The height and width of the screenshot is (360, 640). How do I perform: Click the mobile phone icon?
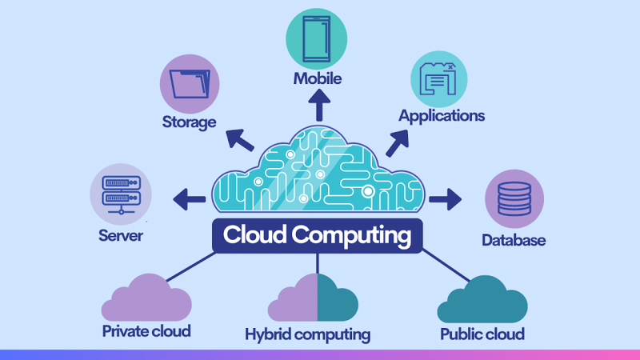[316, 38]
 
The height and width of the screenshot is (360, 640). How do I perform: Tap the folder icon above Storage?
[190, 84]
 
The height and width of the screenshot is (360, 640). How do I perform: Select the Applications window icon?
[438, 78]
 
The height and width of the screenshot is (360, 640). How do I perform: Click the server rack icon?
[122, 194]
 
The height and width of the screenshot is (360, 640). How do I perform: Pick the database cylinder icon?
[514, 198]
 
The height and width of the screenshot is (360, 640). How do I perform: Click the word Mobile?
[318, 78]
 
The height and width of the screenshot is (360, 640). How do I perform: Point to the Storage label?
[189, 122]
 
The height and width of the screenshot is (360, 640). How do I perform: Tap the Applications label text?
[442, 116]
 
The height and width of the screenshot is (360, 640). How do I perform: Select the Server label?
[121, 235]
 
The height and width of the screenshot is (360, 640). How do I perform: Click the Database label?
[514, 240]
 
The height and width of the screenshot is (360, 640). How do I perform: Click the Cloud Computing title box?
[317, 235]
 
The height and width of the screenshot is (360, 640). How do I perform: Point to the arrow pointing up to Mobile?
[319, 106]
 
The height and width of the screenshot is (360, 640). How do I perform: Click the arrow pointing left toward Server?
[189, 199]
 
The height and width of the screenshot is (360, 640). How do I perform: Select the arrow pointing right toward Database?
[446, 199]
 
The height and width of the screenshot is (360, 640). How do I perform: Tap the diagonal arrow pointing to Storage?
[240, 140]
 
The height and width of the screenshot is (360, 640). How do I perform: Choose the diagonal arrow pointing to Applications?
[397, 143]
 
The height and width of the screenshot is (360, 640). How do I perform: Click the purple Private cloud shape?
[146, 298]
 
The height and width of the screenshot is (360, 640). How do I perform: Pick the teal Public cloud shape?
[482, 300]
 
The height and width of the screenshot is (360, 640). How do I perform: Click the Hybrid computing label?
[308, 334]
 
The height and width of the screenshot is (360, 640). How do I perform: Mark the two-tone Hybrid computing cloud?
[313, 298]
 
